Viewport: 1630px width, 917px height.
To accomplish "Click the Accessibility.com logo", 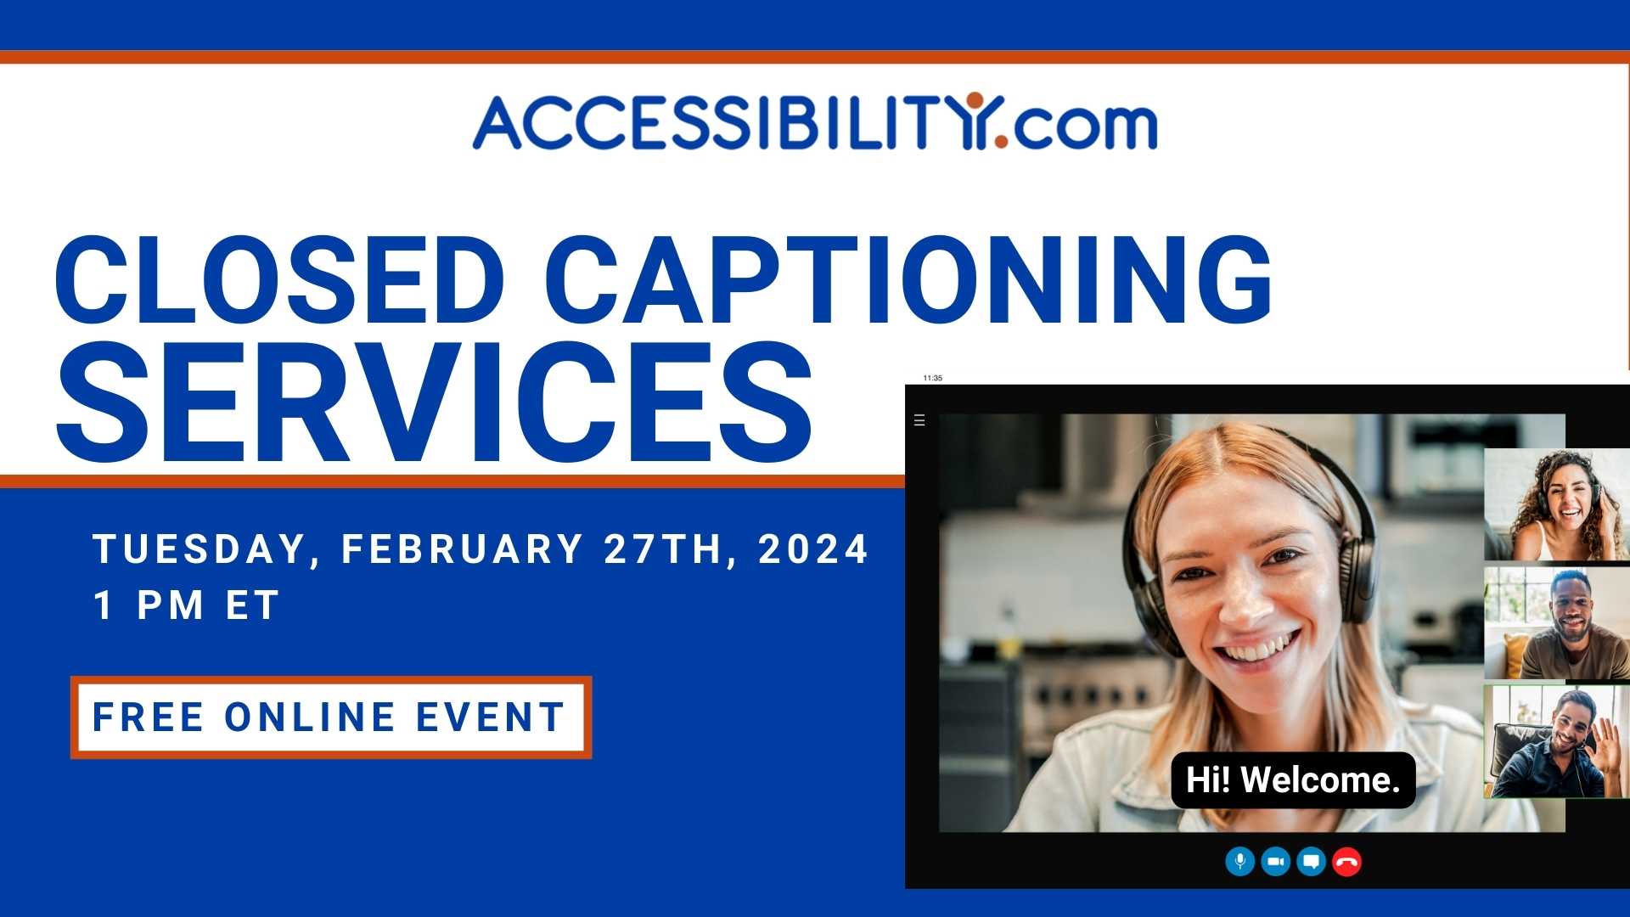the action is pyautogui.click(x=815, y=123).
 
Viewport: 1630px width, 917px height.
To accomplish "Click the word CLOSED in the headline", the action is pyautogui.click(x=280, y=279).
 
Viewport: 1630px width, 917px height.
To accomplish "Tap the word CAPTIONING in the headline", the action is pyautogui.click(x=908, y=279).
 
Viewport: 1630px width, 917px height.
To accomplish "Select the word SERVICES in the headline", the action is pyautogui.click(x=434, y=402).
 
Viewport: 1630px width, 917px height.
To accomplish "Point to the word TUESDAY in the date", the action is pyautogui.click(x=199, y=550).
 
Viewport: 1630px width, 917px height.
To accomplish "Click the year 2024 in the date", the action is pyautogui.click(x=813, y=549).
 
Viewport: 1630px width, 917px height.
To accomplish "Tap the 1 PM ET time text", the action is pyautogui.click(x=186, y=605).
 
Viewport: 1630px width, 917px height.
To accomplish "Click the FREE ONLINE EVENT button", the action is pyautogui.click(x=331, y=717).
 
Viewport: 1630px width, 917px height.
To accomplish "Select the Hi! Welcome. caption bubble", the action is pyautogui.click(x=1293, y=779).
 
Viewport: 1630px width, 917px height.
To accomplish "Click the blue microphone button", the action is pyautogui.click(x=1240, y=862).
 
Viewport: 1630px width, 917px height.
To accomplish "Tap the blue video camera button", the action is pyautogui.click(x=1275, y=862).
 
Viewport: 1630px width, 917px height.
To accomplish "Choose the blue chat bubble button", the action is pyautogui.click(x=1311, y=862).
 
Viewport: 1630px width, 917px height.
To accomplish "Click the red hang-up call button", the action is pyautogui.click(x=1346, y=862).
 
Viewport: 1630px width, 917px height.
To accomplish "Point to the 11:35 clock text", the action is pyautogui.click(x=932, y=378).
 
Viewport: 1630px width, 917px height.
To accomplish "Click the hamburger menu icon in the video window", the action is pyautogui.click(x=919, y=420).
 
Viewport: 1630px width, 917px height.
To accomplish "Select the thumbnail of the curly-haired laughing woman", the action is pyautogui.click(x=1557, y=504).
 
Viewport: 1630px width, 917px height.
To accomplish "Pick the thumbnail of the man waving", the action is pyautogui.click(x=1557, y=741).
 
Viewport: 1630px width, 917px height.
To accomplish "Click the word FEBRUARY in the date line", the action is pyautogui.click(x=462, y=549).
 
